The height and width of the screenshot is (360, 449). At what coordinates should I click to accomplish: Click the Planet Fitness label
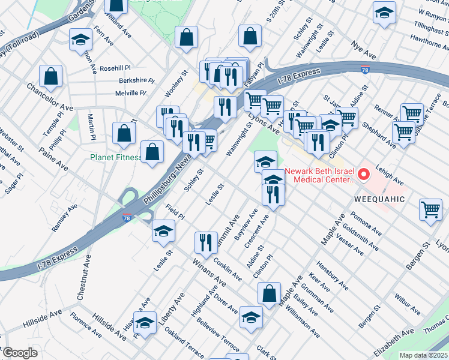point(116,158)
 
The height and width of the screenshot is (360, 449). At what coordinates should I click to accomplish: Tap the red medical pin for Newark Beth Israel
point(363,175)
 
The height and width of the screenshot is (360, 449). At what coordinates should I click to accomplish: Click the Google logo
point(19,353)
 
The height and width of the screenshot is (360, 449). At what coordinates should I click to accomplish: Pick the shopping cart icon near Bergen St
point(430,209)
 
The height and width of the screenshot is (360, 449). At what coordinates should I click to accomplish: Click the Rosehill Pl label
point(119,68)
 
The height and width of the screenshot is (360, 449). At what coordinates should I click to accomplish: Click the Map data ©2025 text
point(423,355)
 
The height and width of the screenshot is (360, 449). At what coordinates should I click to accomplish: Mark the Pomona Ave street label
point(368,223)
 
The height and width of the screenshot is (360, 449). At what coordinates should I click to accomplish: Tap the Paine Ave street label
point(54,163)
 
